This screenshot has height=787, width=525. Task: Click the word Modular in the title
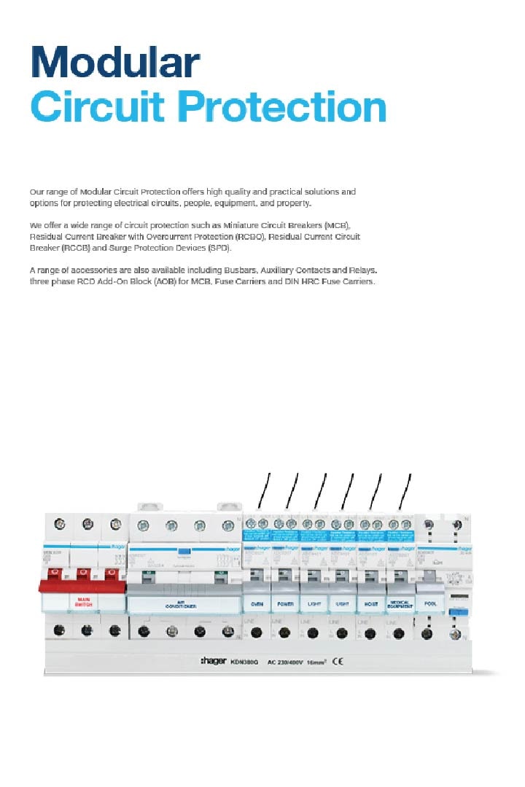tap(114, 63)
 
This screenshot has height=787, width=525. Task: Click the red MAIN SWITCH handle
tap(82, 586)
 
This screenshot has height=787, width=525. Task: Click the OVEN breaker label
tap(257, 605)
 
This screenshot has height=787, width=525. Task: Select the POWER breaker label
tap(285, 605)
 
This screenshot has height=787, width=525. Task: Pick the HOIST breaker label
tap(371, 605)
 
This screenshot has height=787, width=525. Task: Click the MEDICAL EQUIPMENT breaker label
tap(400, 605)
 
